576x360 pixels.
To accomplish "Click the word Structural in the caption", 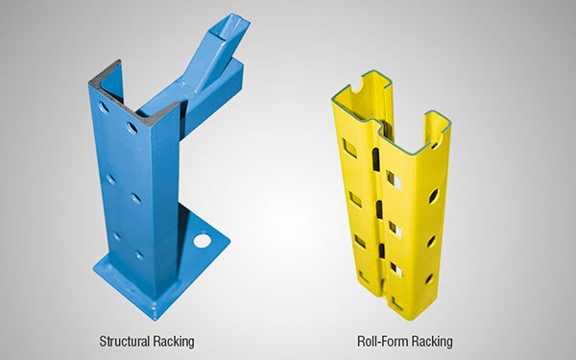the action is coord(124,341).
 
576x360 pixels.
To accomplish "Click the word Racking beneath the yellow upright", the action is coord(432,342).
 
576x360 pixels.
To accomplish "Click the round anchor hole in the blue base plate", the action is coord(203,241).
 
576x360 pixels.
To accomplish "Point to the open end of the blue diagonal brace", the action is coord(231,27).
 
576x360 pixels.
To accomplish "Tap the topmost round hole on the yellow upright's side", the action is coord(434,196).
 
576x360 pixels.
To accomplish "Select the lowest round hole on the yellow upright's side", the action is coord(429,279).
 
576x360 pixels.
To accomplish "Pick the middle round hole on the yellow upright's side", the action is coord(431,241).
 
